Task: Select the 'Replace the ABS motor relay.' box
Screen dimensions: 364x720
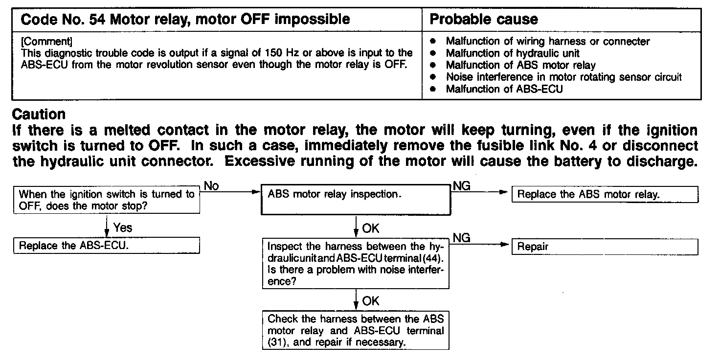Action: click(x=605, y=194)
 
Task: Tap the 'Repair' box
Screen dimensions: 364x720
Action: click(x=605, y=247)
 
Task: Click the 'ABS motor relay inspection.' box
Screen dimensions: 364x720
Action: click(x=356, y=200)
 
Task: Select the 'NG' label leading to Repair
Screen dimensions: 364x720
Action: click(x=462, y=238)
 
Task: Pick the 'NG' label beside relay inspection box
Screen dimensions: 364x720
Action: click(x=462, y=185)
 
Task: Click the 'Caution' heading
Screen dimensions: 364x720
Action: click(x=39, y=114)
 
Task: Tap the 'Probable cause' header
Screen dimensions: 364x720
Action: click(x=483, y=19)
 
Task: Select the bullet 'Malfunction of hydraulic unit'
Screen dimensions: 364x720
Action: click(x=513, y=53)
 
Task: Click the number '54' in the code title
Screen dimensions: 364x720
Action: click(x=100, y=20)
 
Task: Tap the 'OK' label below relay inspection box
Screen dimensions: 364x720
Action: click(x=370, y=228)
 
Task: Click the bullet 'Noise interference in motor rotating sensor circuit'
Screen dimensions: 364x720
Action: click(x=563, y=77)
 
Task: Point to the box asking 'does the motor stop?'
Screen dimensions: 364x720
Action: click(x=107, y=200)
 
